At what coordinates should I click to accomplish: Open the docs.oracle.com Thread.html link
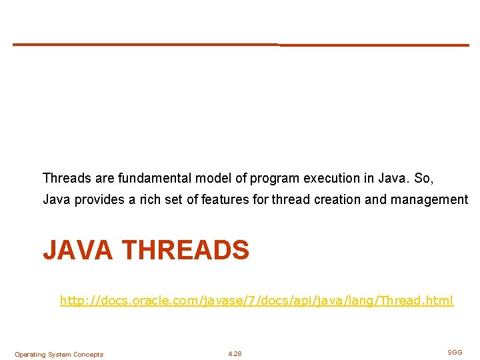[x=257, y=301]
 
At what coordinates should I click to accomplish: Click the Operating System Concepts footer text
[x=59, y=355]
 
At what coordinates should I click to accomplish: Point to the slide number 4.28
[x=235, y=354]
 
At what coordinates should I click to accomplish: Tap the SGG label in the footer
[x=455, y=352]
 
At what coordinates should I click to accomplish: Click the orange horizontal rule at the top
[x=240, y=45]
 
